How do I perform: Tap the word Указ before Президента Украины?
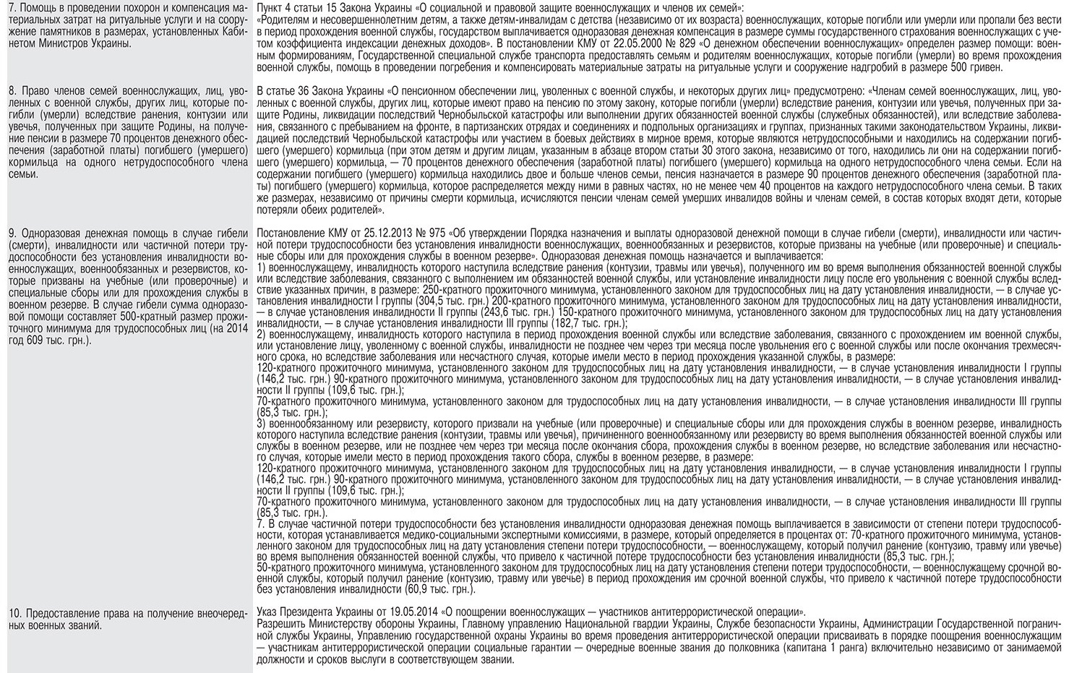click(269, 612)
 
